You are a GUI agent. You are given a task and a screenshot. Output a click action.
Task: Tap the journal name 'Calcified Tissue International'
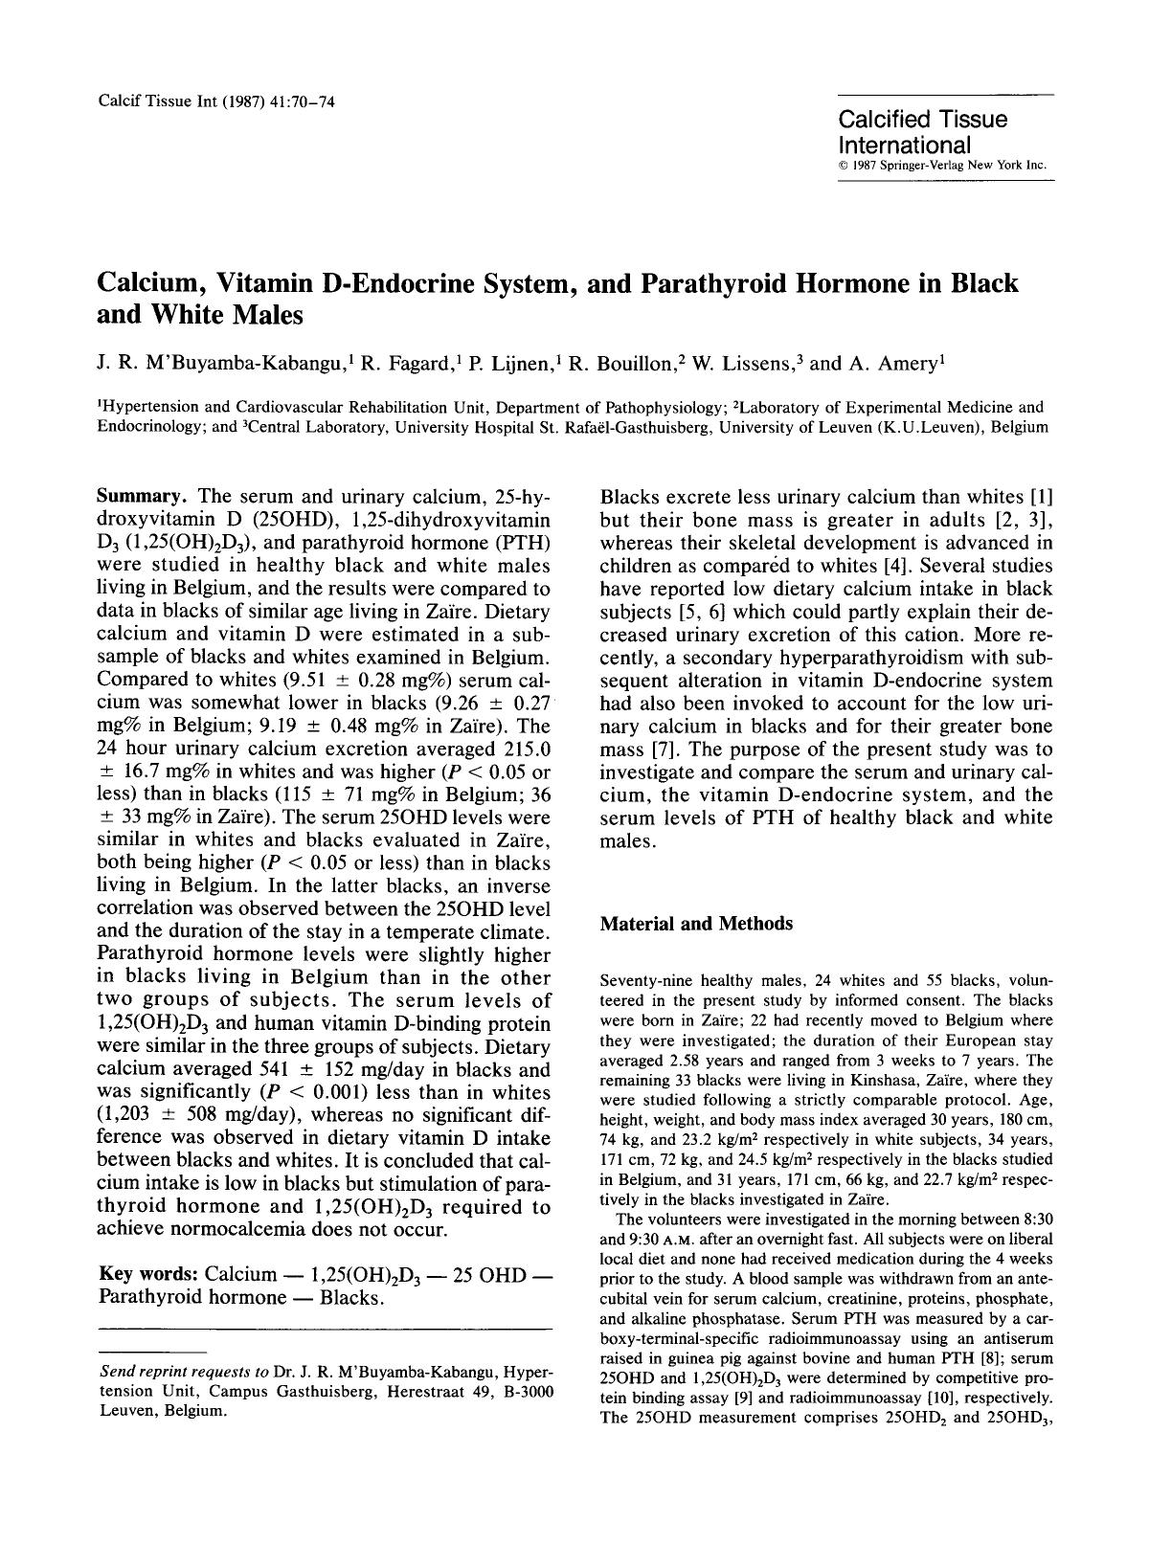click(922, 132)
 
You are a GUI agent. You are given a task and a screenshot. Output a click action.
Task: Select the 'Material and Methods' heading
click(696, 924)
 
